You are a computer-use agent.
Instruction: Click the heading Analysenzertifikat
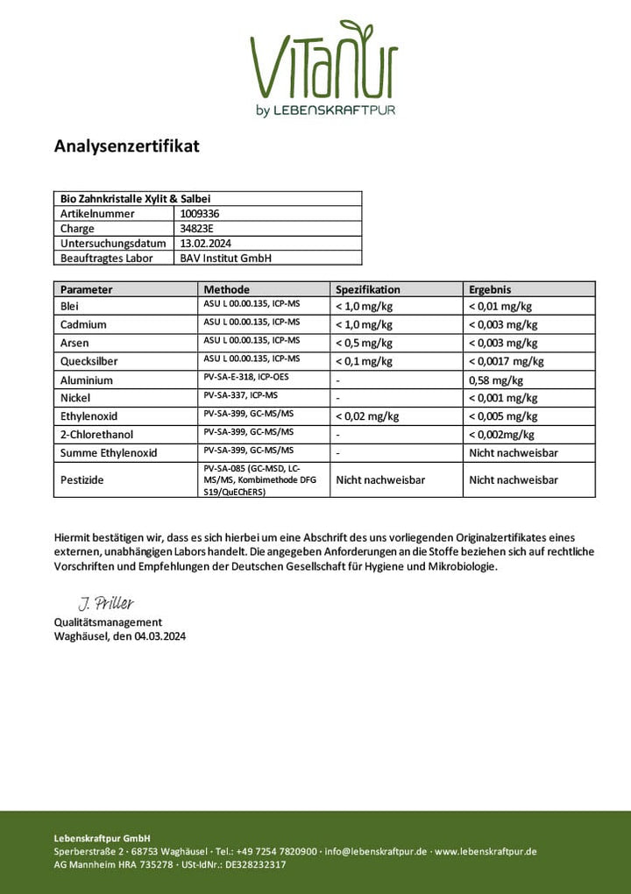click(x=126, y=146)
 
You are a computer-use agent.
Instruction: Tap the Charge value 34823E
click(x=198, y=229)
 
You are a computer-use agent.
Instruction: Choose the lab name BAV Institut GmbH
click(x=225, y=259)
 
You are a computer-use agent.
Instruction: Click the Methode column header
click(x=226, y=289)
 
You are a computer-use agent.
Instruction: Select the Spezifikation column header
click(x=368, y=289)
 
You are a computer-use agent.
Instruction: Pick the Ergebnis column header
click(x=490, y=289)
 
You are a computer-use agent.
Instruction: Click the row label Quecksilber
click(x=89, y=361)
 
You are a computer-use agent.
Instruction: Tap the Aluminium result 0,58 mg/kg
click(x=496, y=380)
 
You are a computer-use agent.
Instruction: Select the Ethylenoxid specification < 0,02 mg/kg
click(x=367, y=416)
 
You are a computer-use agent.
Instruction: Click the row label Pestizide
click(x=82, y=480)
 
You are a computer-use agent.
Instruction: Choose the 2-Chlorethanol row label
click(x=96, y=435)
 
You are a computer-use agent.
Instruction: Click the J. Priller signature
click(x=105, y=603)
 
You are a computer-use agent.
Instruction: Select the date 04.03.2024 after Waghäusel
click(x=160, y=636)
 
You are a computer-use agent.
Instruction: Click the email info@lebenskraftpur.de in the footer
click(x=377, y=851)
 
